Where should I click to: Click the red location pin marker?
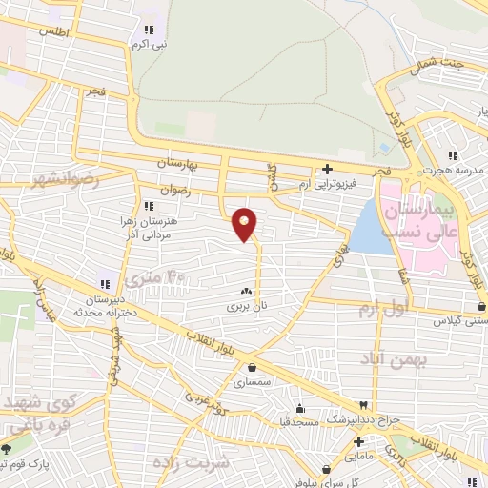click(x=245, y=223)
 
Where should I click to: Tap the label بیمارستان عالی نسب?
click(x=419, y=219)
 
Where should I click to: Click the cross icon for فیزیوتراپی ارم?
click(x=327, y=169)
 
